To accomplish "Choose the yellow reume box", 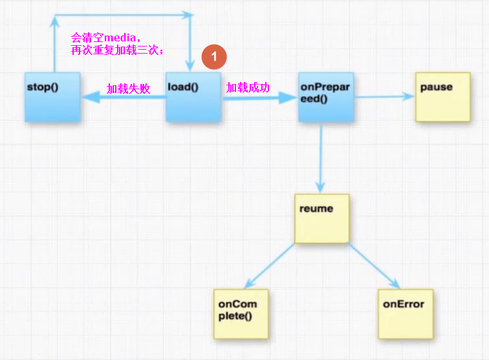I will (321, 218).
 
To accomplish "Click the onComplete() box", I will (242, 313).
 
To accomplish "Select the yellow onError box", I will (405, 313).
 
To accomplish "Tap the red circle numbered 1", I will (214, 57).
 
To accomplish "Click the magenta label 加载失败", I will (128, 89).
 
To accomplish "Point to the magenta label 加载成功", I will (248, 87).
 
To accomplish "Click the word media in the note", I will (120, 37).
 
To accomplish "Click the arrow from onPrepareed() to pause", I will (384, 97).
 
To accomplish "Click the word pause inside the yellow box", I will (437, 87).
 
